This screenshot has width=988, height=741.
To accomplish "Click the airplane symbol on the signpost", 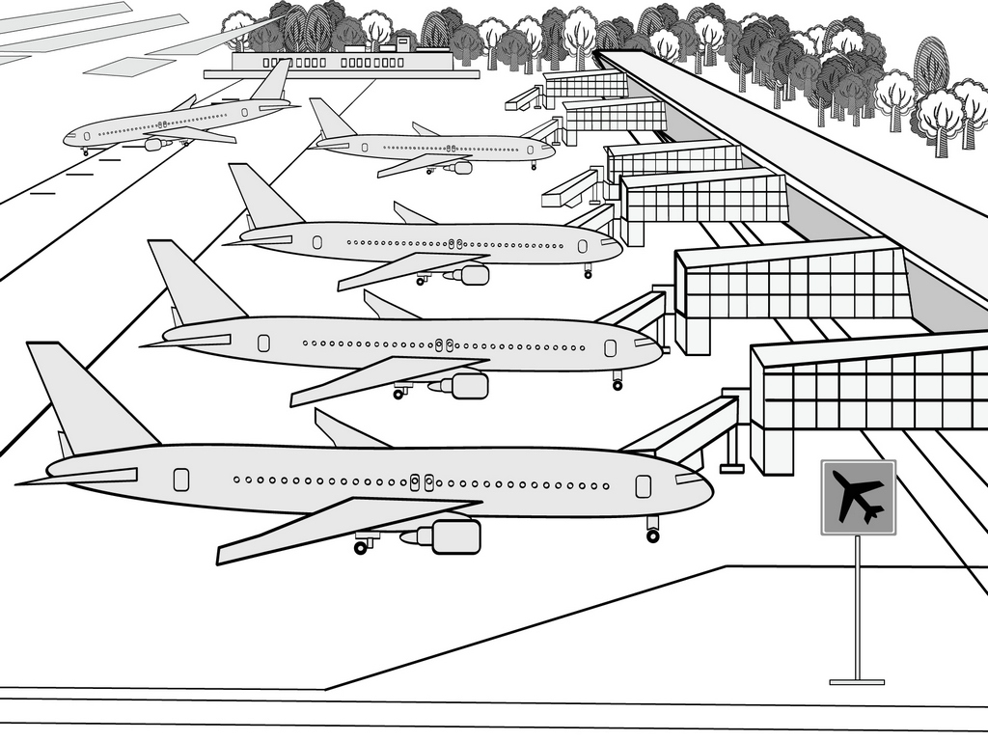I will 858,497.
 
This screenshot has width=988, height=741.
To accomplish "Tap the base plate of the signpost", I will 857,682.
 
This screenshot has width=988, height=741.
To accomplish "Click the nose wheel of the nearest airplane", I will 653,535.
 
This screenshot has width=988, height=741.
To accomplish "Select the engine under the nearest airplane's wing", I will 453,536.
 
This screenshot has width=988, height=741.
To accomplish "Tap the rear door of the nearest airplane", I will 181,480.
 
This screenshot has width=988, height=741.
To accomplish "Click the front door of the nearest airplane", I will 643,486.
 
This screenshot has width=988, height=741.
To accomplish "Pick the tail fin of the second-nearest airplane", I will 189,284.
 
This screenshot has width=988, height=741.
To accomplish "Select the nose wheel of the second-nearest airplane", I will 617,385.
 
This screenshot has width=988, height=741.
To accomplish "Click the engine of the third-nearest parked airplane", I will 473,275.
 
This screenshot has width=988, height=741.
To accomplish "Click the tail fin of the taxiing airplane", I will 274,81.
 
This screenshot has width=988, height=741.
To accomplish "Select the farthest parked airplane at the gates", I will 434,147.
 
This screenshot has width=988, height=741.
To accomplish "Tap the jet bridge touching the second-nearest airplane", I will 632,311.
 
